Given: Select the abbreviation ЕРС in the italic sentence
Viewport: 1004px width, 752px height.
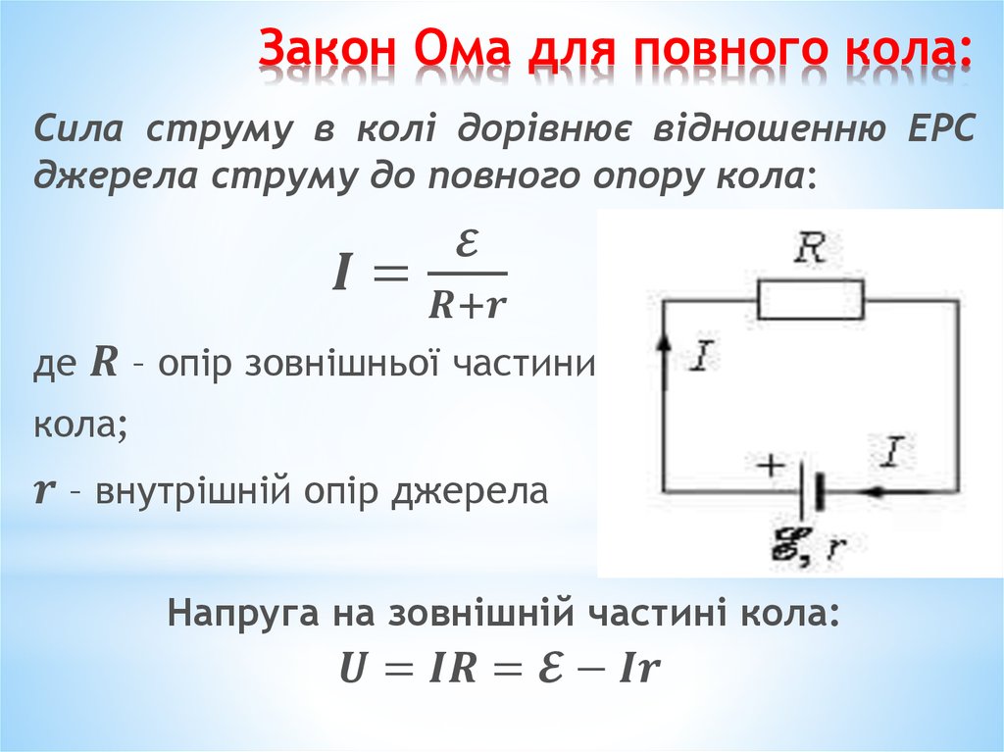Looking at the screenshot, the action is (x=940, y=128).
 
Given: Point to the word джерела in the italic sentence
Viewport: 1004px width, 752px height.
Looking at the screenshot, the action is (x=115, y=175).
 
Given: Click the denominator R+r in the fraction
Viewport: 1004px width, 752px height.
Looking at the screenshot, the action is (x=467, y=305).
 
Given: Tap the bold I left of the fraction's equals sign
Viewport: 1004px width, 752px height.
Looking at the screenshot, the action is (x=342, y=273).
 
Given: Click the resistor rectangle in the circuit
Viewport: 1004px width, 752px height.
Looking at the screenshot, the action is (x=811, y=299).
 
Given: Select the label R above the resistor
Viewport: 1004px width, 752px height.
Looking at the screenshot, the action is (x=809, y=248).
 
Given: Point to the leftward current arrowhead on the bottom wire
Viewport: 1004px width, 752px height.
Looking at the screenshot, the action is (x=875, y=492).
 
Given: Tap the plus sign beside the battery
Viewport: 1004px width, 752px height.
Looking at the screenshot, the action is (x=771, y=465).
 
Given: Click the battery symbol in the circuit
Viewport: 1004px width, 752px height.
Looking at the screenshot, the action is (x=809, y=491).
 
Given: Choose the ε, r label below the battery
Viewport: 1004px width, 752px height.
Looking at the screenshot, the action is (x=809, y=548).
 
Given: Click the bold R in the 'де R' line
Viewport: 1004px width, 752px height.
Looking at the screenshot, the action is (x=104, y=363).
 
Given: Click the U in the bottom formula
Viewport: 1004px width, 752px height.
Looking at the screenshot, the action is (x=353, y=668).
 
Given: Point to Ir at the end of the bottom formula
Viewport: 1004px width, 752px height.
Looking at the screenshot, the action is (x=638, y=668).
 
